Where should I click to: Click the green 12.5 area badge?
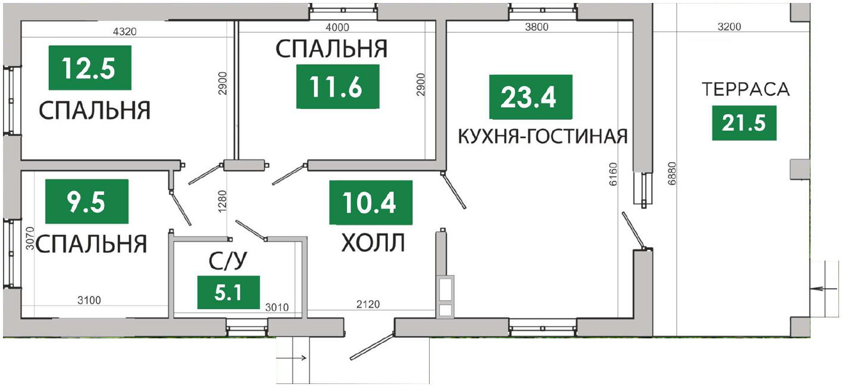pos(90,68)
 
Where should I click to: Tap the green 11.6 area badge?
pos(337,86)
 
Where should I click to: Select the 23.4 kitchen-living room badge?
pos(530,96)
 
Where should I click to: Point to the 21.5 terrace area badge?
pos(744,123)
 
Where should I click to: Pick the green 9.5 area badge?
pos(87,201)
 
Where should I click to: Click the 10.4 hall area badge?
pos(371,202)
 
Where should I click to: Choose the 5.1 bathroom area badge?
pos(229,292)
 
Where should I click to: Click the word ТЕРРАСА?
pos(746,89)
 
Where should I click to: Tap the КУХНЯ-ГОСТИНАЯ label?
pos(543,136)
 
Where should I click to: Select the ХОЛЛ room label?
pos(373,242)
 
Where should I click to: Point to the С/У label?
pos(228,261)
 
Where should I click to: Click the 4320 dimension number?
pos(124,32)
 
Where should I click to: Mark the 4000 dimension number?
pos(337,27)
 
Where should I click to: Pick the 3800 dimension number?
pos(536,27)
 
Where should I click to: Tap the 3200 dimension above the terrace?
pos(729,27)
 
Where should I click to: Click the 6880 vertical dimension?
pos(672,173)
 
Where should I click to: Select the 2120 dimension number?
pos(368,304)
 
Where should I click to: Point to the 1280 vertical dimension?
pos(223,201)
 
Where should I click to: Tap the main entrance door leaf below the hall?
pos(373,346)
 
